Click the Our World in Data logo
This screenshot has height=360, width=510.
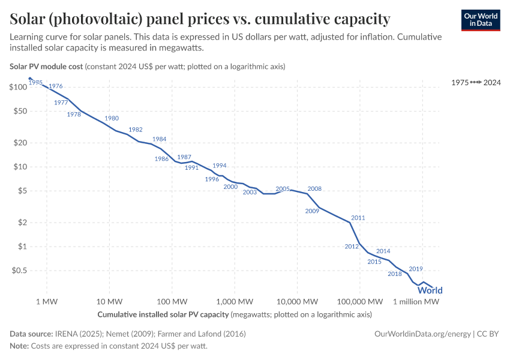point(481,20)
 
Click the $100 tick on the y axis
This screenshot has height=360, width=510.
point(19,87)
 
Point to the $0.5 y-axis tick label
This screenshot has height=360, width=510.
point(19,271)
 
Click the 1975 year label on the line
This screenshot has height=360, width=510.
point(35,82)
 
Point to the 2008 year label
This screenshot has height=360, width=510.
point(314,188)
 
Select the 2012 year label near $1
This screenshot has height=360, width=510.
point(352,247)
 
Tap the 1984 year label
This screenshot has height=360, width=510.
point(159,139)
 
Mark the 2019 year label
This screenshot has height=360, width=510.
point(416,269)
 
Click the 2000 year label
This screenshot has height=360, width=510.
point(230,187)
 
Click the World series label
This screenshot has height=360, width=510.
point(430,290)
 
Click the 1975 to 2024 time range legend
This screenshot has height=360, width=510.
point(476,82)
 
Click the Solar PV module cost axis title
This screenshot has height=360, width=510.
point(46,66)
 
